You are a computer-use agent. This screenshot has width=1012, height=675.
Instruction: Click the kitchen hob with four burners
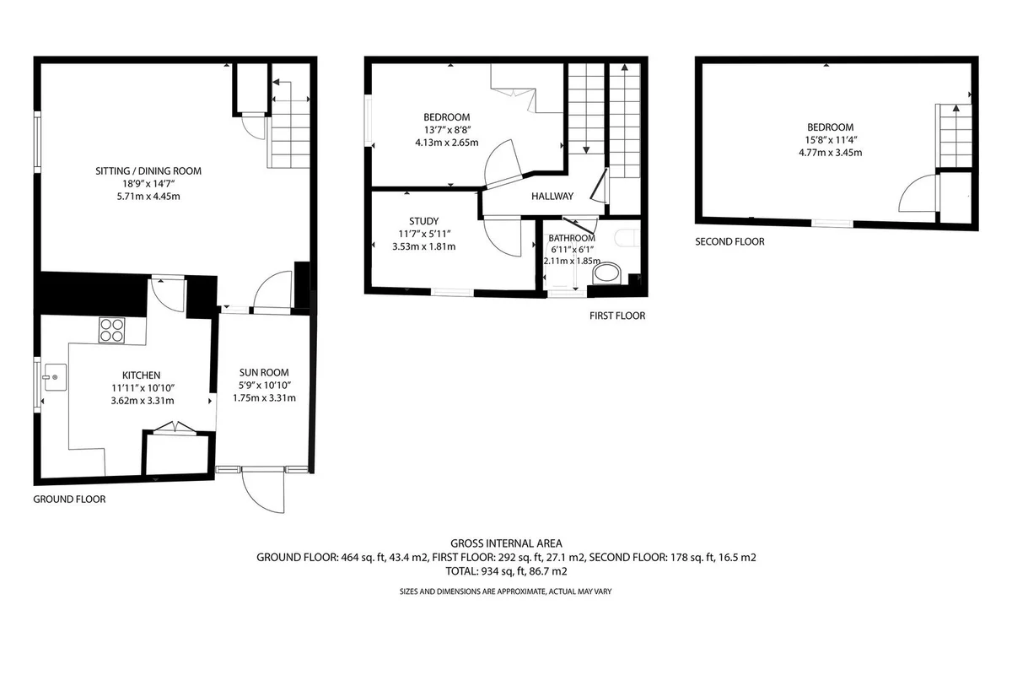[x=111, y=331]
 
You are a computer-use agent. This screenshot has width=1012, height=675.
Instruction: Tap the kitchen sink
[x=55, y=377]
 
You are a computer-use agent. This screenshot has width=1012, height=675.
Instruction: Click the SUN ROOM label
[x=264, y=373]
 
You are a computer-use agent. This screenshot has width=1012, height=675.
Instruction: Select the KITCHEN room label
[x=142, y=375]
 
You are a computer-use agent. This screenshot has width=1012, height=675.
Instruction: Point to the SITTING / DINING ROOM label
[x=148, y=171]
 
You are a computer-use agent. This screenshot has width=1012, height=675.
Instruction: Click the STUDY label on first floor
[x=423, y=221]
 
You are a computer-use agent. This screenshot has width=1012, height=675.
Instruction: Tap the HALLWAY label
[x=552, y=197]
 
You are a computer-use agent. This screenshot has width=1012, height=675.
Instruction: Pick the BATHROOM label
[x=572, y=238]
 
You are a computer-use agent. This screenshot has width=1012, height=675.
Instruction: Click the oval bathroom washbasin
[x=606, y=273]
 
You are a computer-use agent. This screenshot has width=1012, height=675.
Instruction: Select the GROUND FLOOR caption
[x=69, y=499]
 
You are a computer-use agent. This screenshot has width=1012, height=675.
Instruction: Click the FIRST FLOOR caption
[x=617, y=316]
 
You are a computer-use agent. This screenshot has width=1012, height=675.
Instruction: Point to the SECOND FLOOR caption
[x=729, y=241]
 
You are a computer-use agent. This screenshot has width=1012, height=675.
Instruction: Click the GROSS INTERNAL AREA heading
[x=506, y=543]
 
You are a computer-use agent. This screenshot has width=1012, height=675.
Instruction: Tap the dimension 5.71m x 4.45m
[x=148, y=197]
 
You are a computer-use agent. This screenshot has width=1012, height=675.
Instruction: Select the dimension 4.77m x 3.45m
[x=830, y=153]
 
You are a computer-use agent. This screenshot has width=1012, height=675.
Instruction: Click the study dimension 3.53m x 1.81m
[x=423, y=246]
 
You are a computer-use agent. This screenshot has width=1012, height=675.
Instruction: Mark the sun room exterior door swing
[x=263, y=491]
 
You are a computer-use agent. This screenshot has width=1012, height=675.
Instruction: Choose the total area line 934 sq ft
[x=506, y=571]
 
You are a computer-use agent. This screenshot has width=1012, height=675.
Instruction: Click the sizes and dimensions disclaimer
[x=505, y=591]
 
